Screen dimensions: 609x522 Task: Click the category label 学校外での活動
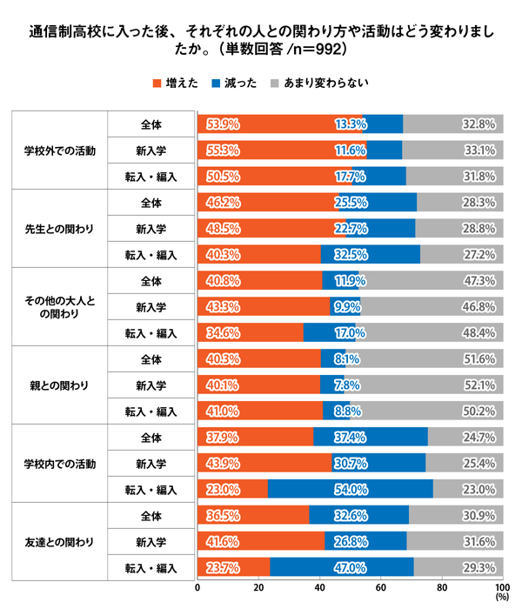[60, 150]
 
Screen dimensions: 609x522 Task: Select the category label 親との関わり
[60, 385]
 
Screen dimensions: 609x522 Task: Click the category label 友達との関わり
[60, 542]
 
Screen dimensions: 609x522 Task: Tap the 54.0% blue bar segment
[350, 489]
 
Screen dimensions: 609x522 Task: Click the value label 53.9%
[223, 124]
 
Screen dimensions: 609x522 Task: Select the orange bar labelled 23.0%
[232, 489]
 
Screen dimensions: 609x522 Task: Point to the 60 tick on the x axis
[380, 587]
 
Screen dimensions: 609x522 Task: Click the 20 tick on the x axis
[258, 587]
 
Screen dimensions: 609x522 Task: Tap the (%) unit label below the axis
[502, 598]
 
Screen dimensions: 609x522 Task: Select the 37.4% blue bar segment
[370, 437]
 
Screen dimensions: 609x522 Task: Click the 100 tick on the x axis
[502, 587]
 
